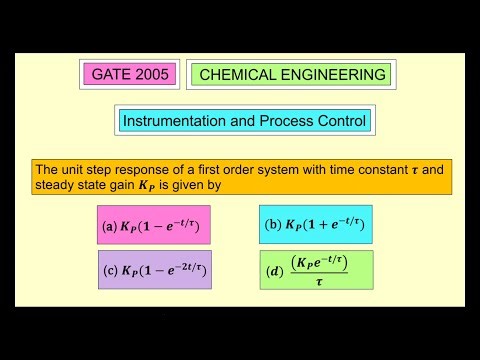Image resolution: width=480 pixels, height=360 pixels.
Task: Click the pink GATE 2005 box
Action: (130, 74)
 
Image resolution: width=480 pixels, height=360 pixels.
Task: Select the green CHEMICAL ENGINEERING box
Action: (292, 74)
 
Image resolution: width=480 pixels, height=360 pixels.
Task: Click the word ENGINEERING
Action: (334, 74)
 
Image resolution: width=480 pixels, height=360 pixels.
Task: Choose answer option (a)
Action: (154, 226)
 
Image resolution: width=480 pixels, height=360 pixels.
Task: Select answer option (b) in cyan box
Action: (315, 224)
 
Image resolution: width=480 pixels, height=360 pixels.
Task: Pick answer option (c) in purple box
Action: (154, 270)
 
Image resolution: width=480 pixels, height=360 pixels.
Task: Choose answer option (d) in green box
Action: (315, 270)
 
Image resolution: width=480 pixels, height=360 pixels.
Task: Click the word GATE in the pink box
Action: (111, 74)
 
